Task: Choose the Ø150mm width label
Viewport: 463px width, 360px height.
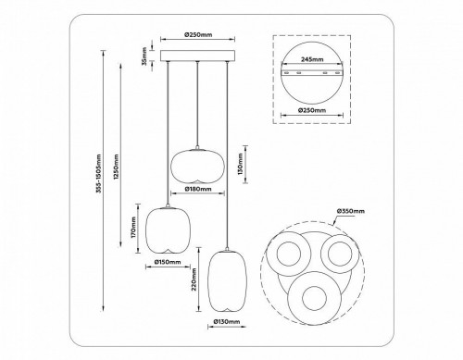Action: click(167, 272)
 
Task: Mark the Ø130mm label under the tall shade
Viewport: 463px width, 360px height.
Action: click(227, 322)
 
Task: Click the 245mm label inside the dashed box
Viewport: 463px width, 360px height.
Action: click(311, 58)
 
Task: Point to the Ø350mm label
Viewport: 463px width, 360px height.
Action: click(349, 211)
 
